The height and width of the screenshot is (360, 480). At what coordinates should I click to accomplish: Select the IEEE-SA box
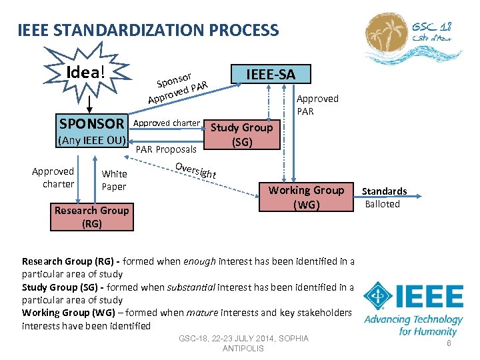(x=271, y=75)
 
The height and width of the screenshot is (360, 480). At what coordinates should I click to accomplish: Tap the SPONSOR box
(x=92, y=123)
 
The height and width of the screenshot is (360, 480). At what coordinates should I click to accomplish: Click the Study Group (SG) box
(x=241, y=134)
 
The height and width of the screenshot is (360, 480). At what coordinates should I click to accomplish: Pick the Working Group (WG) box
(x=306, y=197)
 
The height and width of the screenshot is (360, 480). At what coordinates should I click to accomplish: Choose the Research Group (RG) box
(x=91, y=217)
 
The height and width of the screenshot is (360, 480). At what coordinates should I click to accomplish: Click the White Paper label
(x=114, y=180)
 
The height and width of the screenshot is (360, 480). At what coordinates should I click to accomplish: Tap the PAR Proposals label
(x=166, y=149)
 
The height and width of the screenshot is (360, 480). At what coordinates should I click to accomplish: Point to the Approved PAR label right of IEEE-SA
(x=317, y=105)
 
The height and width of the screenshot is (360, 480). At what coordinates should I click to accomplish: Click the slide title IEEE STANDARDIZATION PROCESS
(x=148, y=30)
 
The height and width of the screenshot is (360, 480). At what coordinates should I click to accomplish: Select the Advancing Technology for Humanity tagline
(x=413, y=325)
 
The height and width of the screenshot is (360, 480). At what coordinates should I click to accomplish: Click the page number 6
(x=449, y=343)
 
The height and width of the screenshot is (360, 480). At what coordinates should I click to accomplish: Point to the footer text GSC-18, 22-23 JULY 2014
(x=243, y=339)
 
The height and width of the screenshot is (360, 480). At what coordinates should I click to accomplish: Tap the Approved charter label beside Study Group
(x=167, y=123)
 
